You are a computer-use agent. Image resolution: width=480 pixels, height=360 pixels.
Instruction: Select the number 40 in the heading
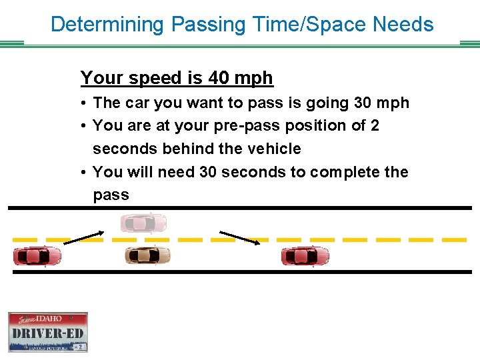pos(219,78)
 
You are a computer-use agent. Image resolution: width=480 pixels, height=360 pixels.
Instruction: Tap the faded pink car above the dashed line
pos(143,223)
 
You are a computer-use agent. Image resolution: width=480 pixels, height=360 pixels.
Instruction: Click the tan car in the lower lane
pos(147,255)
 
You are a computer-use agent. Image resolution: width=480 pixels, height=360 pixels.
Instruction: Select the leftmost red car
pos(37,255)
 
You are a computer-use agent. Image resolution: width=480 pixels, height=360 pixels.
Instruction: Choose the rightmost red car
pos(305,255)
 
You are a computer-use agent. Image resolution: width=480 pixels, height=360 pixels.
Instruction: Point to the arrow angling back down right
pos(240,238)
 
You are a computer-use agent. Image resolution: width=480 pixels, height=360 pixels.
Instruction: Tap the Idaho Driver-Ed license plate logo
pos(48,331)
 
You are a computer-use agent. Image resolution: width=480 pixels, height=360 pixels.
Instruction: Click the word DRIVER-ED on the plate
pos(48,333)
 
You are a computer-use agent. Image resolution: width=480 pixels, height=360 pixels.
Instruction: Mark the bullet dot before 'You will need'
pos(85,173)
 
